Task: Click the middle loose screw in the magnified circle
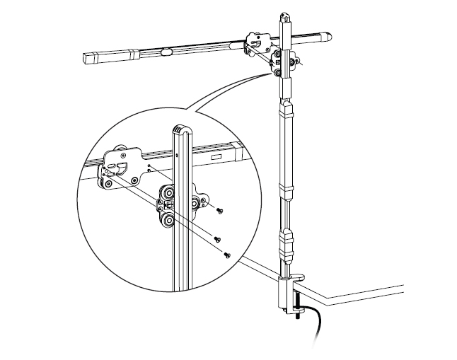pos(219,239)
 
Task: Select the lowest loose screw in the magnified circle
pos(227,255)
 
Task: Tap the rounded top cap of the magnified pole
pos(183,130)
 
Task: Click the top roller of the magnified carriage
pos(170,192)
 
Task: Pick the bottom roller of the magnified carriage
pos(169,223)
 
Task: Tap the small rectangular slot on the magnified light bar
pos(230,158)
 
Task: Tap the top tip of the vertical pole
pos(284,15)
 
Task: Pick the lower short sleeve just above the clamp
pos(287,243)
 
